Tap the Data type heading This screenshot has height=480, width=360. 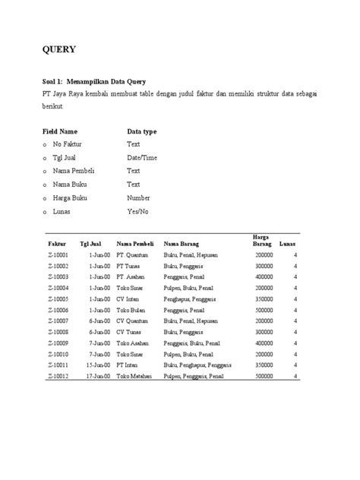click(x=142, y=131)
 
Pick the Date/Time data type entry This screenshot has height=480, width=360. click(x=142, y=157)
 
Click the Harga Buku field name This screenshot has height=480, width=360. click(x=71, y=197)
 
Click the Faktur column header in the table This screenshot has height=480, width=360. click(x=58, y=244)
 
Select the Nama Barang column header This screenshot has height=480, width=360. click(x=182, y=244)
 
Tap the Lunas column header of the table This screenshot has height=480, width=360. click(x=288, y=244)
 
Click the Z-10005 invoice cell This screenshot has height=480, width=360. click(x=58, y=299)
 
